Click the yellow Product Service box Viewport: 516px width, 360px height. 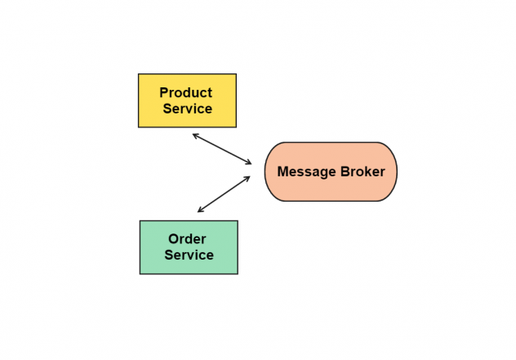187,100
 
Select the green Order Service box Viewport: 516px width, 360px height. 189,247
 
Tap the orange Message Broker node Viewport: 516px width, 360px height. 331,171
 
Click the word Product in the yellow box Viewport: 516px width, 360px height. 186,93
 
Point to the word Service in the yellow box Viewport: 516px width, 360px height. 188,109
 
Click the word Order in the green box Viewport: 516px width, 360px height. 187,239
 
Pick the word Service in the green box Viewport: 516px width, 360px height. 189,255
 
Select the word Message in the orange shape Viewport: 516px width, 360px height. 307,172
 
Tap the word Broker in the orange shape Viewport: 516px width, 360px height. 363,171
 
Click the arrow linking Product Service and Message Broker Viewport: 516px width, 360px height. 222,149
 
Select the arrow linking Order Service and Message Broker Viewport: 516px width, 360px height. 224,194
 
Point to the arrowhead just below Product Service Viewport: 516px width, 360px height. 195,136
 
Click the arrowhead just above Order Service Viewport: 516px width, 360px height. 200,210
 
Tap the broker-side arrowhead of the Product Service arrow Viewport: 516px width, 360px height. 248,162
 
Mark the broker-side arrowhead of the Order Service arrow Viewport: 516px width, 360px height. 247,178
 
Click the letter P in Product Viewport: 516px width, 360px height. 163,93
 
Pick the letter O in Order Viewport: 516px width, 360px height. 173,239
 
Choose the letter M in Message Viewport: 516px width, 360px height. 283,171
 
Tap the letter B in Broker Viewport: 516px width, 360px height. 345,171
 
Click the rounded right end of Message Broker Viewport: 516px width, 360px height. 397,171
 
